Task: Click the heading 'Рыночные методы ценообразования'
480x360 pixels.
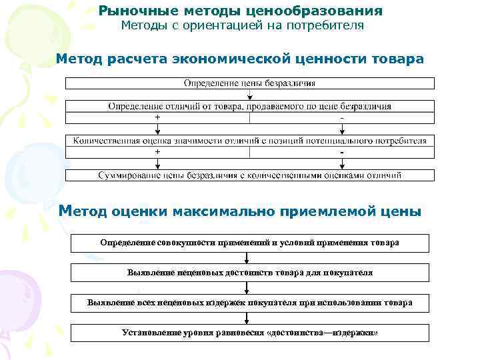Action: [x=241, y=11]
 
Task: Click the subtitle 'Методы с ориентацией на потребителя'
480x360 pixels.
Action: [x=242, y=26]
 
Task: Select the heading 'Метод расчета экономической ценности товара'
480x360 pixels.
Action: [x=239, y=59]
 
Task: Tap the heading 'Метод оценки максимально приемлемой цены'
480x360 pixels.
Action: [x=240, y=212]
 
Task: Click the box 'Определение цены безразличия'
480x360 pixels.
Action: [x=249, y=83]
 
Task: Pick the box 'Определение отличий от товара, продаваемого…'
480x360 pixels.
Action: [x=249, y=106]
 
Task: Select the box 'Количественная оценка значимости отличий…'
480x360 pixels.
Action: [x=249, y=141]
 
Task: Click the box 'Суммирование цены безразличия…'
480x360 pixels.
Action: [x=249, y=175]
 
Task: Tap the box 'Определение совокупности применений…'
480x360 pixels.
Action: [x=249, y=242]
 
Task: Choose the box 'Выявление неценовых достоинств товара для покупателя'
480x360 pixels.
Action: [x=249, y=273]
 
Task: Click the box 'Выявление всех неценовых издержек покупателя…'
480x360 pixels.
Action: [x=249, y=303]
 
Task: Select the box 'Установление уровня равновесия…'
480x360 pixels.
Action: [x=249, y=333]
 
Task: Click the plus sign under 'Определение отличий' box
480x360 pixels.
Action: [x=157, y=117]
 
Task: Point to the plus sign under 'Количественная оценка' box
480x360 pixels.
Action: [x=157, y=152]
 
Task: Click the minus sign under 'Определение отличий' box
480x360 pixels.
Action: [x=342, y=118]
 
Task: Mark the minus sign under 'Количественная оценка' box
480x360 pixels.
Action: [x=342, y=153]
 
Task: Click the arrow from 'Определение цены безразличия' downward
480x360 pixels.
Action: [x=249, y=95]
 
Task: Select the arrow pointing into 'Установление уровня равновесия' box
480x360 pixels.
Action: [x=247, y=319]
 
